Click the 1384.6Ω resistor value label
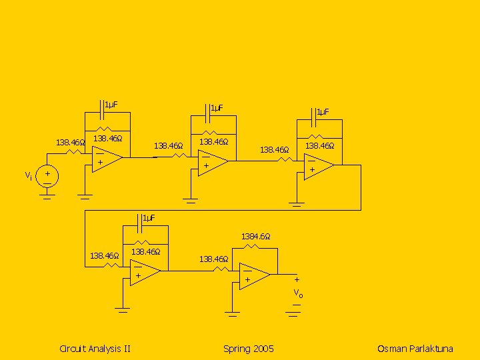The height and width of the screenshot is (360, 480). pos(255,237)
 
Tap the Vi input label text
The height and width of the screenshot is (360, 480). pos(28,176)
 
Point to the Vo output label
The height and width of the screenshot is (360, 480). pos(298,293)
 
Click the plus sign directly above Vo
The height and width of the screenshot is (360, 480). pos(297,280)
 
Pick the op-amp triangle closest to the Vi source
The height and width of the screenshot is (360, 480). pos(106,159)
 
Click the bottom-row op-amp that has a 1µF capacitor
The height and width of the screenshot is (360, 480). pos(145,272)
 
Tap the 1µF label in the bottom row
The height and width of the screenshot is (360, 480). pos(149,219)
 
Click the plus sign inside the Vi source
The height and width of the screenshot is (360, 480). pos(47,173)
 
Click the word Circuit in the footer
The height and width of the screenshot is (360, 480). pos(73,349)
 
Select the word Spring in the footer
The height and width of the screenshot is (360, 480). pos(236,349)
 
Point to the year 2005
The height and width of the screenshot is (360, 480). pos(263,349)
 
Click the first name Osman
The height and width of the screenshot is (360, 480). pos(391,349)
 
